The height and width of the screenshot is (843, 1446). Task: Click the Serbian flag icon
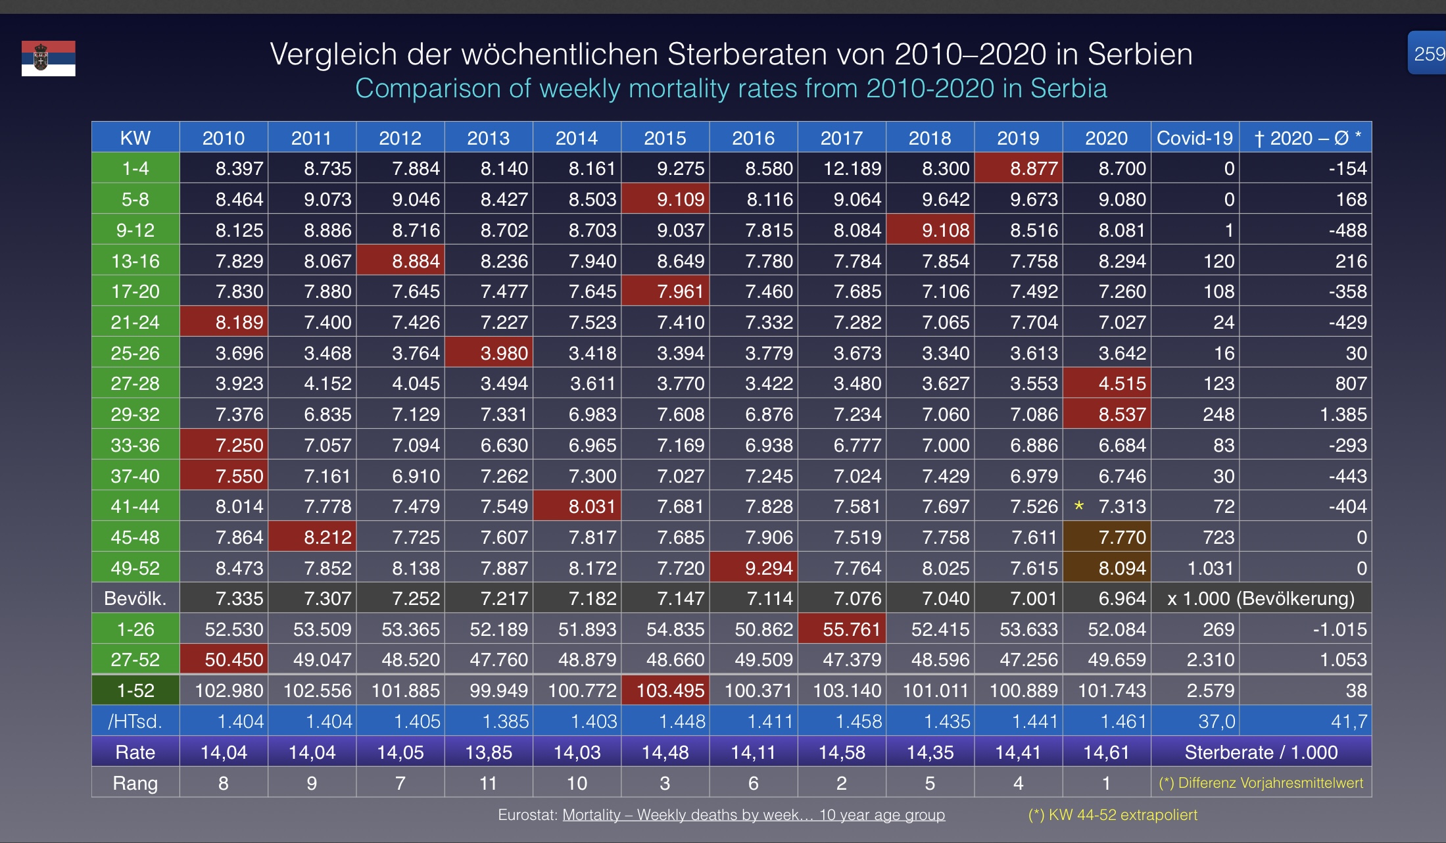[48, 59]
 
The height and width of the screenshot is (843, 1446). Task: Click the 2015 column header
[665, 138]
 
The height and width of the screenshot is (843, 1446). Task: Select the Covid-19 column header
[1194, 138]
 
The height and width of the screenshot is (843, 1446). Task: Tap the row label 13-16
[135, 261]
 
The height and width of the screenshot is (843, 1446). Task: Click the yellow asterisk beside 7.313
[1078, 506]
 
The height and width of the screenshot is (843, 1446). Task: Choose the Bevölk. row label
[135, 599]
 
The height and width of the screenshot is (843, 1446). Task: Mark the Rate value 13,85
[489, 752]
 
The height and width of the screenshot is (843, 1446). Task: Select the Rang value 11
[488, 783]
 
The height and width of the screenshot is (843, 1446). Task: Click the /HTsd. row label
[135, 721]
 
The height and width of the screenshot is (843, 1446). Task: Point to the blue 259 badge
[1428, 53]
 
